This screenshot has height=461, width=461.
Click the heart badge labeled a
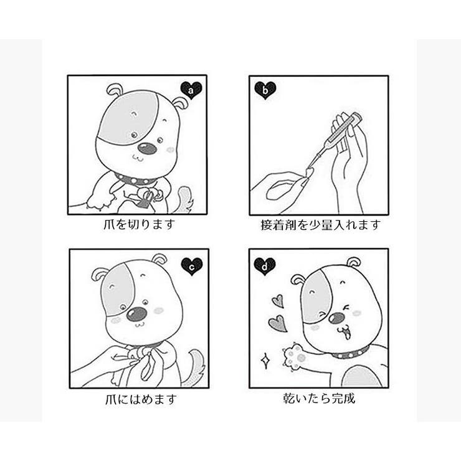pyautogui.click(x=191, y=90)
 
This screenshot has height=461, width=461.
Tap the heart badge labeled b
pyautogui.click(x=265, y=90)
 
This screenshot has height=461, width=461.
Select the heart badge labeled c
pyautogui.click(x=192, y=267)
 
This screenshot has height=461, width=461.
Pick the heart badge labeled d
pyautogui.click(x=265, y=267)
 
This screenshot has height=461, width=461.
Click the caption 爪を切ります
pyautogui.click(x=139, y=225)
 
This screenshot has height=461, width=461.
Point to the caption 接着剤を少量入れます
pyautogui.click(x=321, y=225)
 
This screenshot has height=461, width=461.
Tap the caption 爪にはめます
pyautogui.click(x=141, y=399)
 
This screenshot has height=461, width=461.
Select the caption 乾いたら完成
pyautogui.click(x=320, y=398)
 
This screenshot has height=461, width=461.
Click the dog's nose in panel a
pyautogui.click(x=147, y=148)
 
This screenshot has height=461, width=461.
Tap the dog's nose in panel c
pyautogui.click(x=136, y=315)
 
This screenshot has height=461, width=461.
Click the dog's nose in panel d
pyautogui.click(x=337, y=318)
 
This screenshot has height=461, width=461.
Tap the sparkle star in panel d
pyautogui.click(x=265, y=361)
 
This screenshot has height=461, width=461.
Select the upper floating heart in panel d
pyautogui.click(x=278, y=301)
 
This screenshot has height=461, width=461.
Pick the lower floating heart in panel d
pyautogui.click(x=278, y=323)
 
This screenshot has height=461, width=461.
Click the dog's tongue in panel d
pyautogui.click(x=347, y=334)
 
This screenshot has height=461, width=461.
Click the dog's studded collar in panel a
pyautogui.click(x=136, y=179)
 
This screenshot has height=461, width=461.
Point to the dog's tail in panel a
pyautogui.click(x=184, y=199)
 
